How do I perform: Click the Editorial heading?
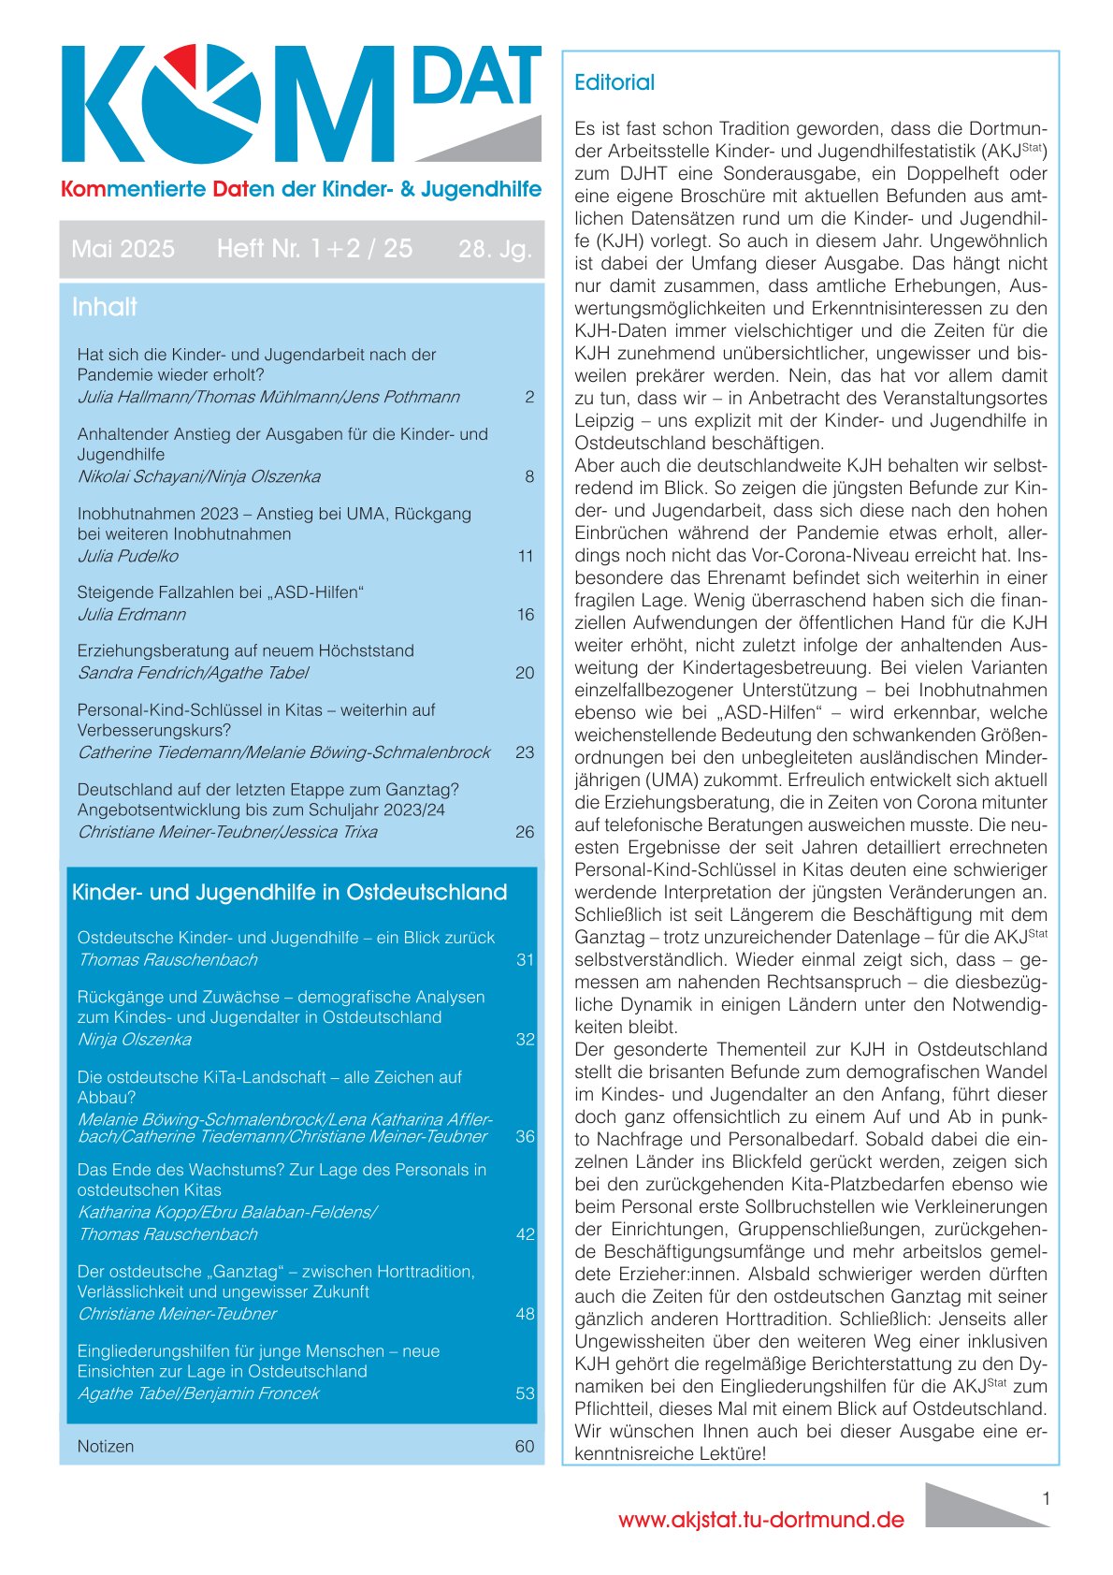(614, 82)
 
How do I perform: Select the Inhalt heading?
(105, 307)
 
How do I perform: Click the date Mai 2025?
(123, 249)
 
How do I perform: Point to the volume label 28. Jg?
(495, 249)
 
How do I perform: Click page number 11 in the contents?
(526, 556)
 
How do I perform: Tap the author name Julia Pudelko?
(127, 556)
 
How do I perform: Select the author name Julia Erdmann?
(131, 615)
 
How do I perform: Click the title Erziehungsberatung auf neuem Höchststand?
(245, 650)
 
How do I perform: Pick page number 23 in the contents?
(525, 752)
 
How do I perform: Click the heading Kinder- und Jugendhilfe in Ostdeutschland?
(289, 892)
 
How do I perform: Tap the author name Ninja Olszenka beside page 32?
(134, 1040)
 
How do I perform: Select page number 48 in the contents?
(525, 1314)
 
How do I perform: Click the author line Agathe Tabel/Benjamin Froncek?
(198, 1393)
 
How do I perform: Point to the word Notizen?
(106, 1446)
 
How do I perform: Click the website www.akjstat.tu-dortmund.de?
(760, 1520)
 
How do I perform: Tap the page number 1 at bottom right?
(1046, 1498)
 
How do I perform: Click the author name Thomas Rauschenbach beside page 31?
(167, 960)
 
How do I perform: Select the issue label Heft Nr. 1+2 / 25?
(314, 249)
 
